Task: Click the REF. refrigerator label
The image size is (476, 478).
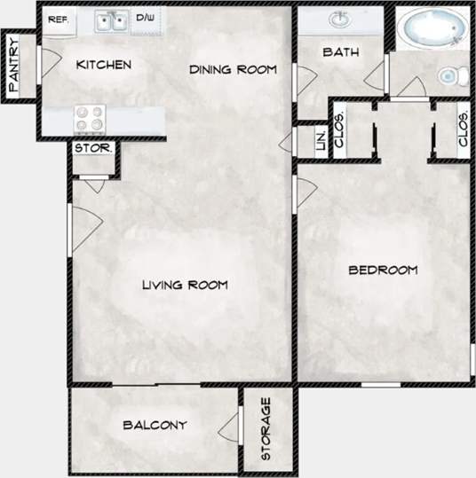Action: tap(59, 19)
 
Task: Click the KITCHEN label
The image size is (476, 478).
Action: tap(104, 65)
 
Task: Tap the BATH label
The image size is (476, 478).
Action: tap(340, 52)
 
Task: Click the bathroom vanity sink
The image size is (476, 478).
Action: tap(339, 20)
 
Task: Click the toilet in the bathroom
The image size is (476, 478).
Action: tap(454, 76)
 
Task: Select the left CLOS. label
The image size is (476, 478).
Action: tap(339, 130)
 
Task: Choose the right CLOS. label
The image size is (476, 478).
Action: tap(463, 130)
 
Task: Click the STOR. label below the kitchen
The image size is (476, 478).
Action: tap(93, 148)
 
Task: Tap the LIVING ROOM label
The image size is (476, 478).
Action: tap(185, 285)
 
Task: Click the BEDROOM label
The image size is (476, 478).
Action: tap(382, 270)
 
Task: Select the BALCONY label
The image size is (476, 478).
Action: tap(155, 425)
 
